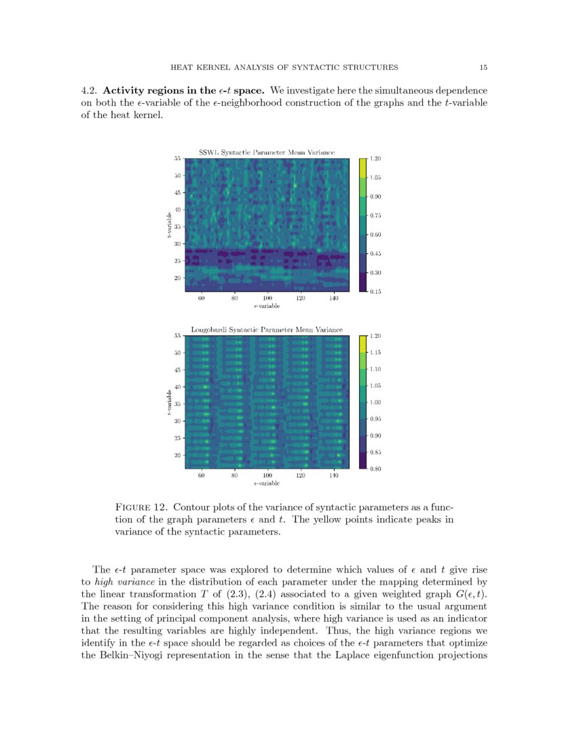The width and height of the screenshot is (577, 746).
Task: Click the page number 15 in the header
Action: [483, 67]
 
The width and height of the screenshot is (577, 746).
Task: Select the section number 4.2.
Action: [90, 90]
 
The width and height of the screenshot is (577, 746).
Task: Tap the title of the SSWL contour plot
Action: [266, 153]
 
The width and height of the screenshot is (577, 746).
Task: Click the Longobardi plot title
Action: [266, 330]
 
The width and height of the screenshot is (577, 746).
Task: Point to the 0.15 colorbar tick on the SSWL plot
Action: [375, 292]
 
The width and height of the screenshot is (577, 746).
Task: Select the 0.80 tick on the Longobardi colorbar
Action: [375, 469]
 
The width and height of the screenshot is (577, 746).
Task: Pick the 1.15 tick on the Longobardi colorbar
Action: [375, 353]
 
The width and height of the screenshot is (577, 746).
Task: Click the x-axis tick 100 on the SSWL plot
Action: [267, 298]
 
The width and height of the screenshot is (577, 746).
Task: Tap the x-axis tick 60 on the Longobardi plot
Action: [202, 476]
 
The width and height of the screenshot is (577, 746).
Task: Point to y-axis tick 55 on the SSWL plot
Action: [177, 159]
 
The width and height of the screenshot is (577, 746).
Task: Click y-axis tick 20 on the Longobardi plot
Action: [177, 455]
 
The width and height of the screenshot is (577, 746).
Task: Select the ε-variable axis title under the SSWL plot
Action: [267, 306]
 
